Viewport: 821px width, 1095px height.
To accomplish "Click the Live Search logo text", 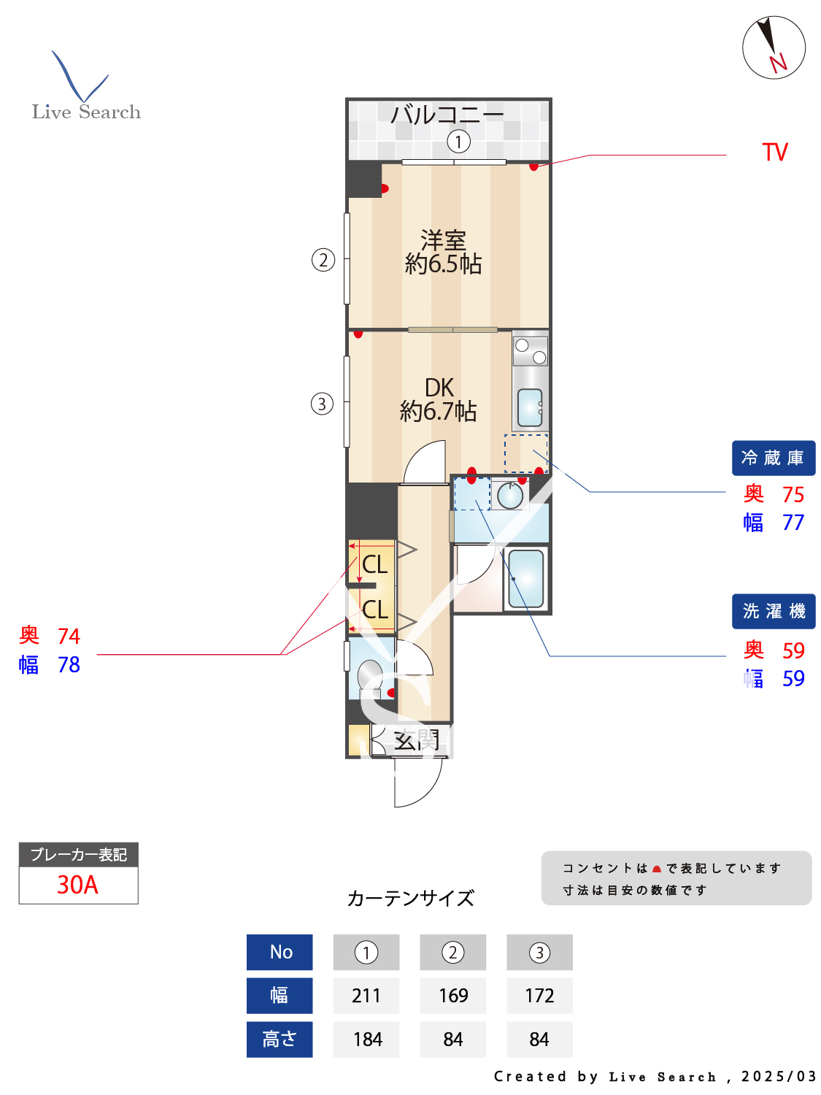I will click(86, 112).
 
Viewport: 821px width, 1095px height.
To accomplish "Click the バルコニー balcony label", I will click(447, 115).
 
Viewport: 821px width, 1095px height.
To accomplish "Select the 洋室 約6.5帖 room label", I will click(444, 253).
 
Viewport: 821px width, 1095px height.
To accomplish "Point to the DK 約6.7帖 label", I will click(439, 400).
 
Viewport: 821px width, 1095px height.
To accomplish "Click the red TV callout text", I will click(775, 153).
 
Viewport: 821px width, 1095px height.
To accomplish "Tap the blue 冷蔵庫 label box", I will click(773, 458).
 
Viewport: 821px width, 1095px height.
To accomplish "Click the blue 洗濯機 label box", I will click(774, 611).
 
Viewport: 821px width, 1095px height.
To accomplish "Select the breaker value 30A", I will click(78, 885).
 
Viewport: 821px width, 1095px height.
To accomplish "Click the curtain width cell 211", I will click(366, 996).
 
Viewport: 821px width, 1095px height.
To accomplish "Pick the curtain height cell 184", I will click(366, 1040).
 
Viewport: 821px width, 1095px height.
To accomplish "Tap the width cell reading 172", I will click(539, 996).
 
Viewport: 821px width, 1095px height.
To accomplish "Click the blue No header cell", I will click(280, 952).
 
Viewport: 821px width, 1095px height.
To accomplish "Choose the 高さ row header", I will click(280, 1040).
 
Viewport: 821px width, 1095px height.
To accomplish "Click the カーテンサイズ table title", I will click(411, 898).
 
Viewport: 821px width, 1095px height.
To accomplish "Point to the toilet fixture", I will click(370, 675).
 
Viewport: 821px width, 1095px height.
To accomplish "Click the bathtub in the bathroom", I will click(525, 579).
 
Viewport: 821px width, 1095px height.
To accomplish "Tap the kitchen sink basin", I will click(530, 407).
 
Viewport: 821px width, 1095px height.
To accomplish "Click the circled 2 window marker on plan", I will click(323, 260).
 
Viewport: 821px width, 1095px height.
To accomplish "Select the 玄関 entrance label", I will click(416, 740).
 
